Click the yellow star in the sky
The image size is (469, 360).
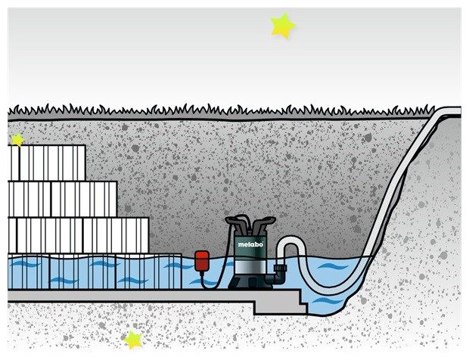282,26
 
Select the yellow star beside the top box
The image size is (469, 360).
17,139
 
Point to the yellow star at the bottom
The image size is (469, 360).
133,339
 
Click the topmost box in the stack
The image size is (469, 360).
47,163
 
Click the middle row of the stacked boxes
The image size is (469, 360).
61,198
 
